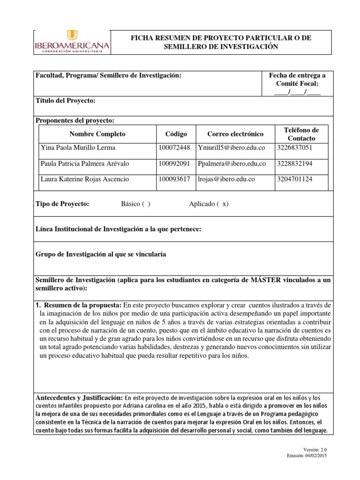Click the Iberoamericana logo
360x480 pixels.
pos(72,42)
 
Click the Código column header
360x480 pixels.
pos(176,134)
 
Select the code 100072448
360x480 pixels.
pos(174,148)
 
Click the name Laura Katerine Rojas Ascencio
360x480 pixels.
pos(84,179)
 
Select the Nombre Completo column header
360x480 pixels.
pos(97,134)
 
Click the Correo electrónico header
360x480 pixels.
pos(235,134)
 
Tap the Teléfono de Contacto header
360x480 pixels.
pos(301,134)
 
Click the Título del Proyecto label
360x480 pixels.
pos(66,101)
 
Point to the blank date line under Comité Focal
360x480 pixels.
pos(297,91)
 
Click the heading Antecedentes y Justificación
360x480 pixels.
pos(79,398)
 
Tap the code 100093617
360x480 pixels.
pos(174,179)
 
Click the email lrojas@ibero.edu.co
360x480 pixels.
pos(226,179)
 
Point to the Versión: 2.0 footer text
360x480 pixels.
pos(316,449)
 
